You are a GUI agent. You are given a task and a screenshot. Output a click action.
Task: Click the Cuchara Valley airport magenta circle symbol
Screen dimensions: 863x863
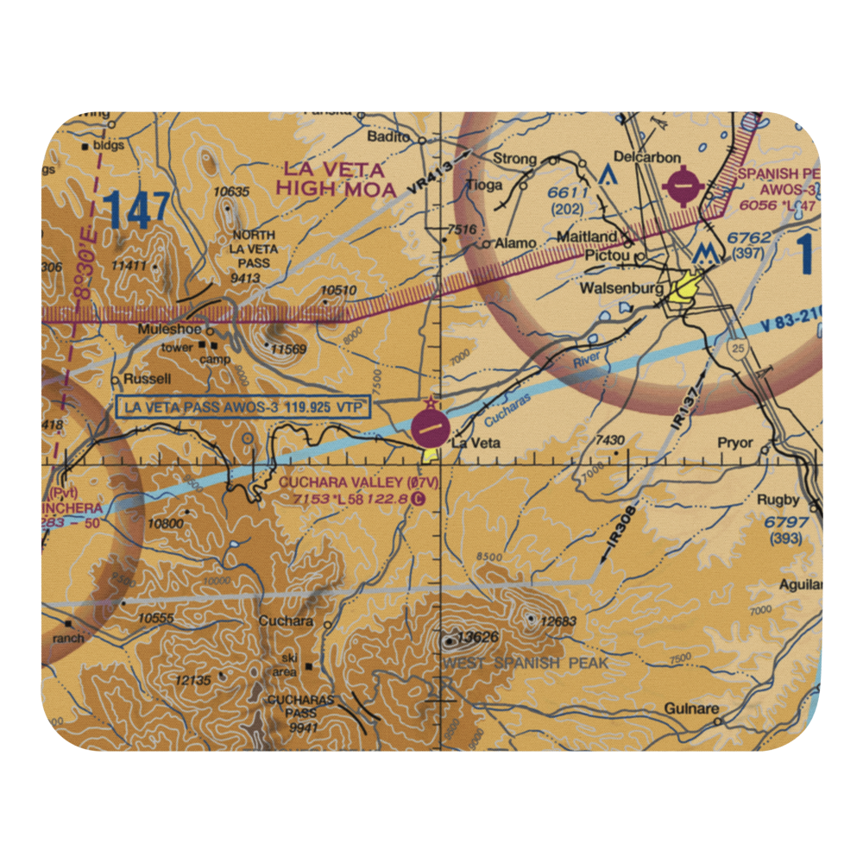pos(430,428)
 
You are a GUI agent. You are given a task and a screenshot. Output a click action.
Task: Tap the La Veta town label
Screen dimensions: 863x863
pos(471,444)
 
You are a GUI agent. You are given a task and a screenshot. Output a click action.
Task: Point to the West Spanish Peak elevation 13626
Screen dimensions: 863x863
pos(479,639)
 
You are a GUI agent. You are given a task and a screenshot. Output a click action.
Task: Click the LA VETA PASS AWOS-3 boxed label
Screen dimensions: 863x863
pos(243,406)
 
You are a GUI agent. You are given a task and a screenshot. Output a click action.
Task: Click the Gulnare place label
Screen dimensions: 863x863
pos(691,709)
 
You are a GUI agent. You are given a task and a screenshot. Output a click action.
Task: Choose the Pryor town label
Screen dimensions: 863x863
pos(735,443)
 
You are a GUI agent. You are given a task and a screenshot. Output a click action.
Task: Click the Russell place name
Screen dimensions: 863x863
pos(147,379)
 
